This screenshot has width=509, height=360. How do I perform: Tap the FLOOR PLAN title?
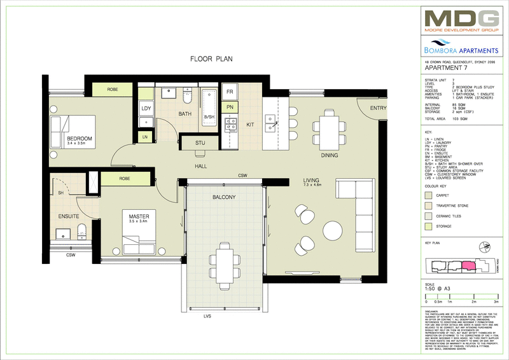click(x=212, y=59)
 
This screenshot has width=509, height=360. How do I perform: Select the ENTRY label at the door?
click(x=379, y=108)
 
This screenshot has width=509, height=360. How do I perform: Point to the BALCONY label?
click(x=223, y=198)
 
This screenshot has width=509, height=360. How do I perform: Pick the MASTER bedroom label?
click(x=139, y=217)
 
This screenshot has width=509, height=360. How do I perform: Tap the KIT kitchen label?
click(x=250, y=125)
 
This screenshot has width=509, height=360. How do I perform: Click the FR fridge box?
click(x=230, y=92)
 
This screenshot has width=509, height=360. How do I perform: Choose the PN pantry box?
click(x=230, y=108)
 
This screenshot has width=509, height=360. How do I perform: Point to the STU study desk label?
click(x=200, y=144)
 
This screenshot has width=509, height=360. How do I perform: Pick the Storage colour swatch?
click(x=429, y=225)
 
